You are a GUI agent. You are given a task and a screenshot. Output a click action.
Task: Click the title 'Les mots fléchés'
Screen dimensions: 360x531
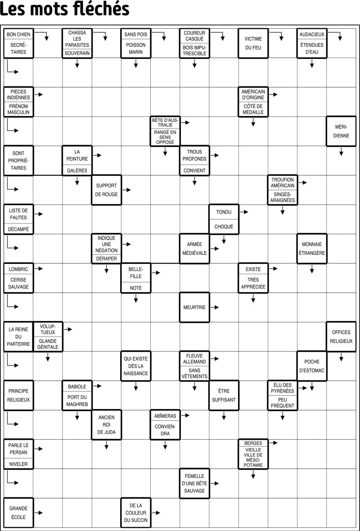(65, 9)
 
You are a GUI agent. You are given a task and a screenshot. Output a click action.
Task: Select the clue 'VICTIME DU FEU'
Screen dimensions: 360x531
(253, 43)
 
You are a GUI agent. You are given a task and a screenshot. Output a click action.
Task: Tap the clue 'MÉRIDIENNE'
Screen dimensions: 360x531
(342, 131)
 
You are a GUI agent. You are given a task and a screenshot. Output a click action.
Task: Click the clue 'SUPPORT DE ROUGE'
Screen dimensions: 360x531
(107, 190)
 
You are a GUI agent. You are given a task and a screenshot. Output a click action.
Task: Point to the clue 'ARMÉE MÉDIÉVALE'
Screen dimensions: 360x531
(194, 249)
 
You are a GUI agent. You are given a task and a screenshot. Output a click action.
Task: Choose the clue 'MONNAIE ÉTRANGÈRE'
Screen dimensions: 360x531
(312, 249)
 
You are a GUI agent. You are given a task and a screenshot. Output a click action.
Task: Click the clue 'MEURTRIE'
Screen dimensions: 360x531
(194, 308)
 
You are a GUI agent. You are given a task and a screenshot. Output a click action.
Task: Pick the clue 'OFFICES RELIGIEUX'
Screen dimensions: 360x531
(342, 337)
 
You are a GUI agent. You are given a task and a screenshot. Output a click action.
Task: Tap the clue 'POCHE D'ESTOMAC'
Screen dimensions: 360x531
(312, 366)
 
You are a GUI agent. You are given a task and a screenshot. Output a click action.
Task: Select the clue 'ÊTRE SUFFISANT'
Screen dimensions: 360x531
(224, 396)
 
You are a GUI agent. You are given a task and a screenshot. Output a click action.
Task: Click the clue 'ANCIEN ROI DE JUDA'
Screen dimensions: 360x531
(107, 424)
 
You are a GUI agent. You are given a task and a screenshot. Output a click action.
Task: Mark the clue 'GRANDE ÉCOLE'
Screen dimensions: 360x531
(18, 513)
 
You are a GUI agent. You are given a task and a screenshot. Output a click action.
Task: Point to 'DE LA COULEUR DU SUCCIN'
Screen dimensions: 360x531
(135, 513)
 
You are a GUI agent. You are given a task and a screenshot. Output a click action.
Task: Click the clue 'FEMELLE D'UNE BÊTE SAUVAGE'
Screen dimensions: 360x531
(194, 483)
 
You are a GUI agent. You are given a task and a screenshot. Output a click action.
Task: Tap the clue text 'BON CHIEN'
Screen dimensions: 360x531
(18, 35)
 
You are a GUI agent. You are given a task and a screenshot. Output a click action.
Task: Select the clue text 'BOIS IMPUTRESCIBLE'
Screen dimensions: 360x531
(194, 50)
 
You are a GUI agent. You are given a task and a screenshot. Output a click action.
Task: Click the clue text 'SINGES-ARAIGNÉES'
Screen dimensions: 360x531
(283, 197)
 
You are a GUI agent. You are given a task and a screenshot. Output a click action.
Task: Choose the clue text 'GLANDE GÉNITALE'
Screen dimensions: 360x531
(48, 344)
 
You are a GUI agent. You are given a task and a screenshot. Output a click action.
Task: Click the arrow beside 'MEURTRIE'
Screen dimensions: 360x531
(215, 308)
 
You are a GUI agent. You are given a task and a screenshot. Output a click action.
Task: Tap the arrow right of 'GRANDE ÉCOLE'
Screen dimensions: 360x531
(39, 513)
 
